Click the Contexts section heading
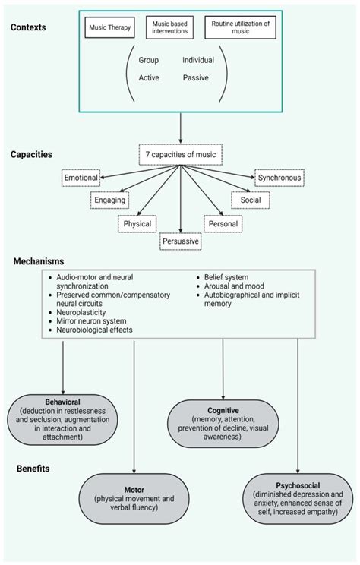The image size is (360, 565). pyautogui.click(x=29, y=28)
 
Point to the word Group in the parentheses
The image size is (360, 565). pyautogui.click(x=150, y=59)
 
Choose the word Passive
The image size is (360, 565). pyautogui.click(x=197, y=77)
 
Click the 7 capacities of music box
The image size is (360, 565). pyautogui.click(x=179, y=155)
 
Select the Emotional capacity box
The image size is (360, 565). pyautogui.click(x=81, y=178)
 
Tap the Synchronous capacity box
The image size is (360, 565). pyautogui.click(x=279, y=178)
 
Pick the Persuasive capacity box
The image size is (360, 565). pyautogui.click(x=180, y=241)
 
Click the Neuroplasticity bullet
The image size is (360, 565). pyautogui.click(x=79, y=311)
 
